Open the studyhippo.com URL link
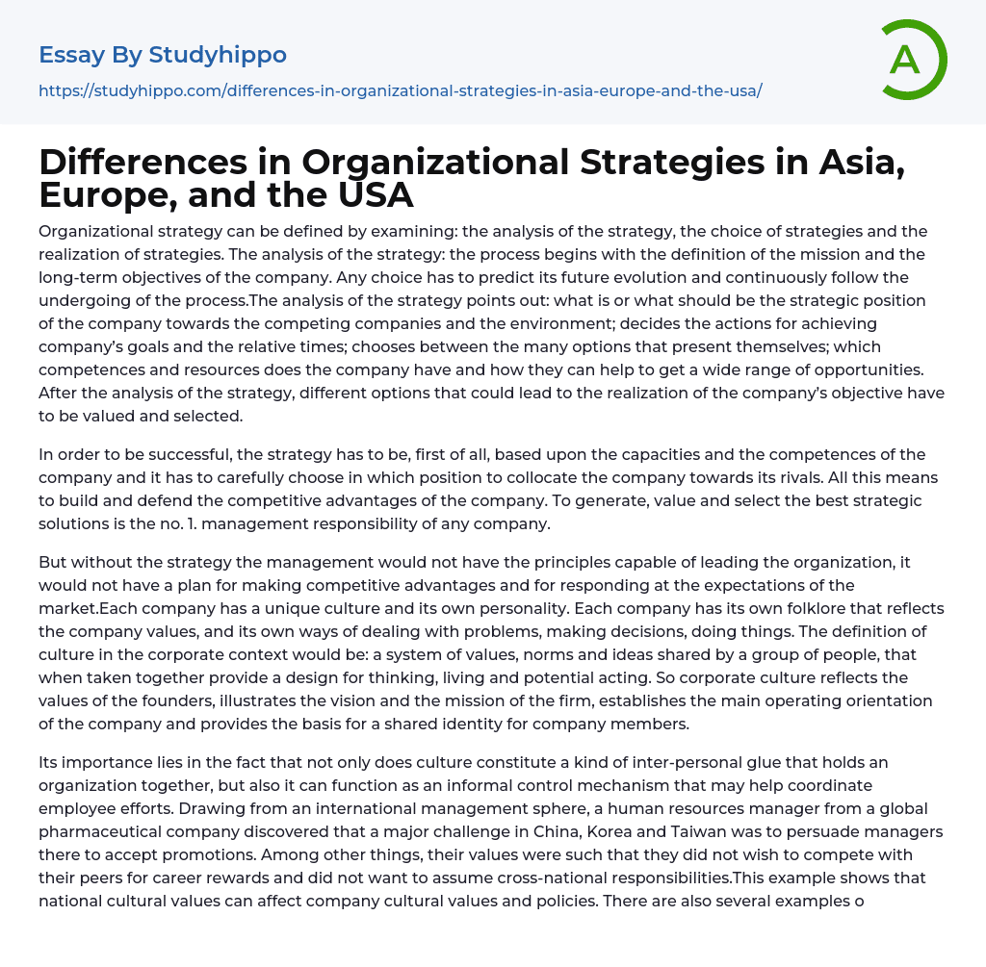click(400, 90)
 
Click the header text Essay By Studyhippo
click(163, 55)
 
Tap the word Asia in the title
click(847, 163)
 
